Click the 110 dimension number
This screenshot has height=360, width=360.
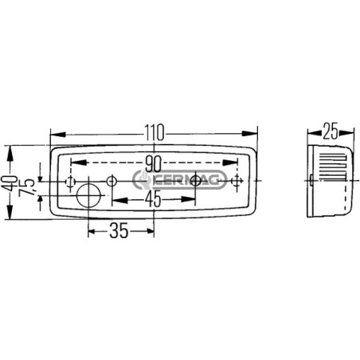155,132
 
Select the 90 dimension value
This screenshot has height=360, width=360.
154,164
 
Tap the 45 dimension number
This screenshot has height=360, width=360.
154,199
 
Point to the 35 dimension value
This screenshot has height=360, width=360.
119,231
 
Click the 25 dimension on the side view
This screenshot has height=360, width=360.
331,131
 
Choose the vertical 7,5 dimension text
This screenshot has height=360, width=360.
27,187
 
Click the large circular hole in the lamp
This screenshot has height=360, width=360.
88,196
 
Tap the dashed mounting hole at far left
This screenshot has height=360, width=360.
70,182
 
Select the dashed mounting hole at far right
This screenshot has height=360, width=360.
237,182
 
